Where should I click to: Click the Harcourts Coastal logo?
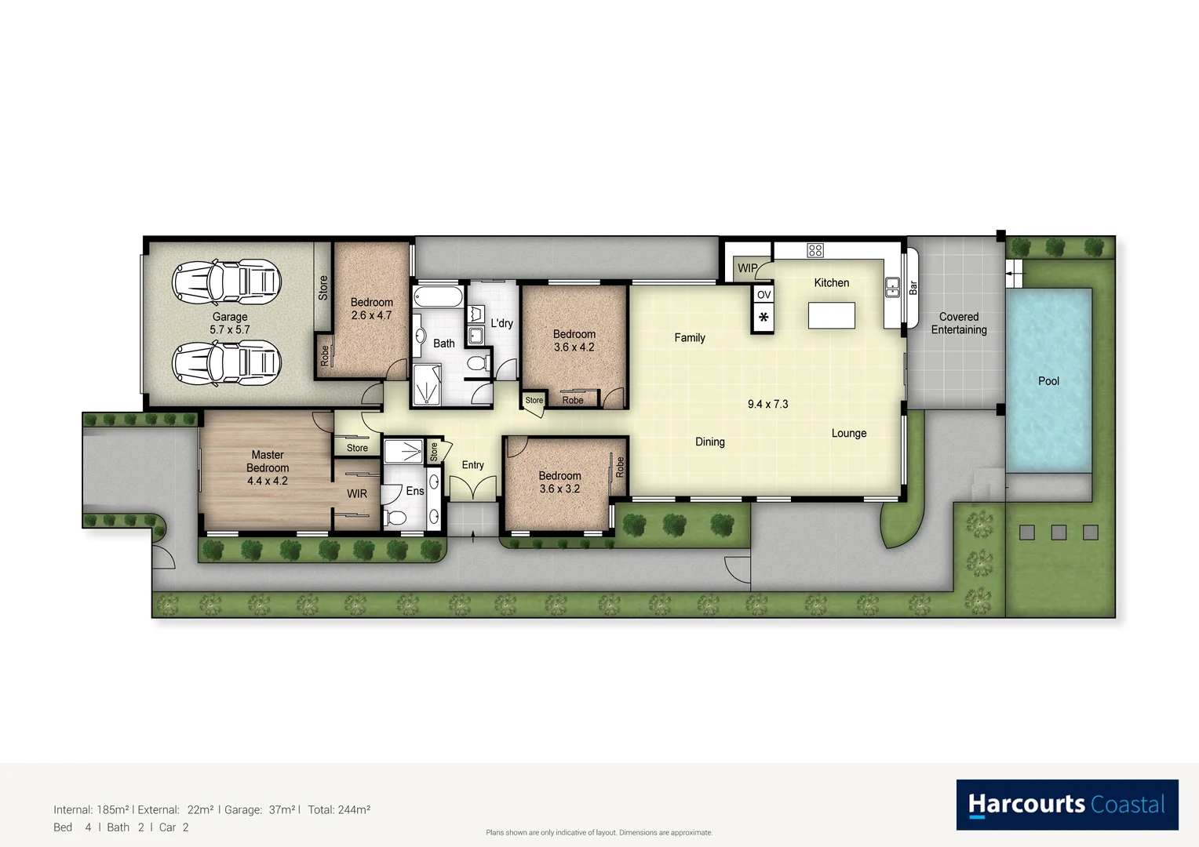(1066, 805)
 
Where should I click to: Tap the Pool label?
(1048, 381)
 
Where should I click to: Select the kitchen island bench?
(831, 315)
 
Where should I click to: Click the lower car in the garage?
(226, 362)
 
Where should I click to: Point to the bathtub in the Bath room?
(438, 296)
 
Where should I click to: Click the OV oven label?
(763, 295)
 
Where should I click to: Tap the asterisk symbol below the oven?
(763, 318)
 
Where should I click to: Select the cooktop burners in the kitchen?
(815, 250)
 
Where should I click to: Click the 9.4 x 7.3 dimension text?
(767, 404)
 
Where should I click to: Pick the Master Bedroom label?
(268, 467)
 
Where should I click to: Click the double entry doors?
(472, 487)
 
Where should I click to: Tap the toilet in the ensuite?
(395, 518)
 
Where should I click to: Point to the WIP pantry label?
(747, 268)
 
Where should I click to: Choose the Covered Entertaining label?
(959, 323)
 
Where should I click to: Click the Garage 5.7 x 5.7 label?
(230, 323)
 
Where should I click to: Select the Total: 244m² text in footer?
(339, 809)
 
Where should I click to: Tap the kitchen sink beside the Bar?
(892, 287)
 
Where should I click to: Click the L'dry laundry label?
(501, 323)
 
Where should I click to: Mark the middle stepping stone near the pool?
(1059, 533)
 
